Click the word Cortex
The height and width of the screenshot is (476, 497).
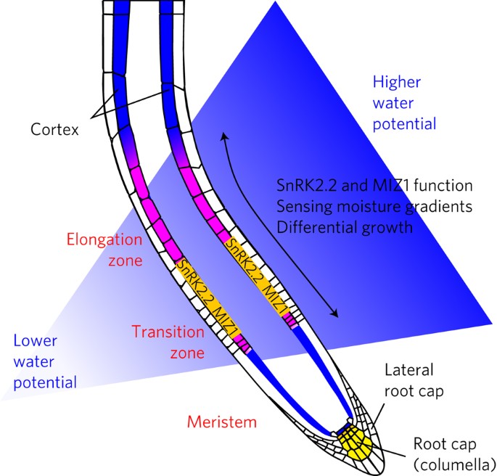55,130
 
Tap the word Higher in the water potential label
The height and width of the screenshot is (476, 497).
396,81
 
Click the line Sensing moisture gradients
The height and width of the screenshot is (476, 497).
375,206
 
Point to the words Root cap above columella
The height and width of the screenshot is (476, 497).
442,443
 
